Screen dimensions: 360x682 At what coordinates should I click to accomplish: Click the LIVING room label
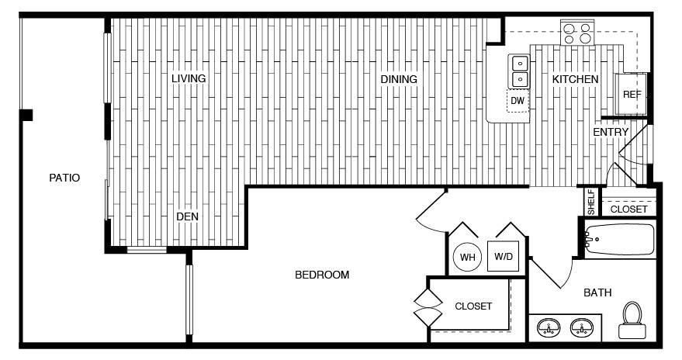189,78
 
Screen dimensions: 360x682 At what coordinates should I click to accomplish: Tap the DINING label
399,79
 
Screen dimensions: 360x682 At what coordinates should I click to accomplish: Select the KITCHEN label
575,79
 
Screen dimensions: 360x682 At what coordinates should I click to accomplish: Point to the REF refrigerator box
632,94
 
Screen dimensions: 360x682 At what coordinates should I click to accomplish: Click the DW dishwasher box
518,100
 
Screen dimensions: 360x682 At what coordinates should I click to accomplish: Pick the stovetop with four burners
577,33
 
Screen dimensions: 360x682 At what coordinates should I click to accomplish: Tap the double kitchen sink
518,71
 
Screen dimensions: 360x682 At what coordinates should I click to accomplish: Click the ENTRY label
611,133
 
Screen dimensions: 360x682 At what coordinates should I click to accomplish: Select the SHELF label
590,202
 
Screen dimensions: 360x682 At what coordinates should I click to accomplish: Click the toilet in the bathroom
632,320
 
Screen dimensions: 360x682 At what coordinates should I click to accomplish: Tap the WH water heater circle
468,257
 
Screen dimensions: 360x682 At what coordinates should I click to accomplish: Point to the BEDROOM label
322,275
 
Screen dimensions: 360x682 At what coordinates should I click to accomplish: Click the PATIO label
64,178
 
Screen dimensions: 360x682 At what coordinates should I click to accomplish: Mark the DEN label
187,216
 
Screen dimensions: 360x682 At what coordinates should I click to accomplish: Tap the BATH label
597,292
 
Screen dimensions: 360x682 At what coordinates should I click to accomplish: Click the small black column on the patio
27,116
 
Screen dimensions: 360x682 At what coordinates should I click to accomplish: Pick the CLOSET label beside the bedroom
473,306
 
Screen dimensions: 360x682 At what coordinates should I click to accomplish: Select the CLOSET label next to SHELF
628,209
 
